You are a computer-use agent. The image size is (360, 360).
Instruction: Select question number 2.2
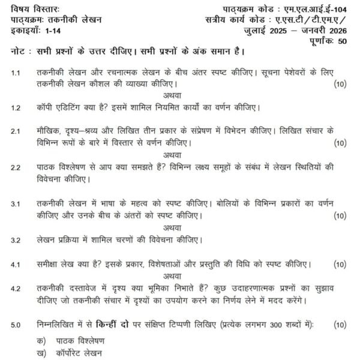click(16, 167)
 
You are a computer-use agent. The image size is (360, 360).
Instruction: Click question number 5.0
click(16, 325)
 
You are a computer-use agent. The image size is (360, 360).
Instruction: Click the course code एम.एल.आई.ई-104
click(317, 8)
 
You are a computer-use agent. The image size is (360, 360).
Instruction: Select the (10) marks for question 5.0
click(340, 325)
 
